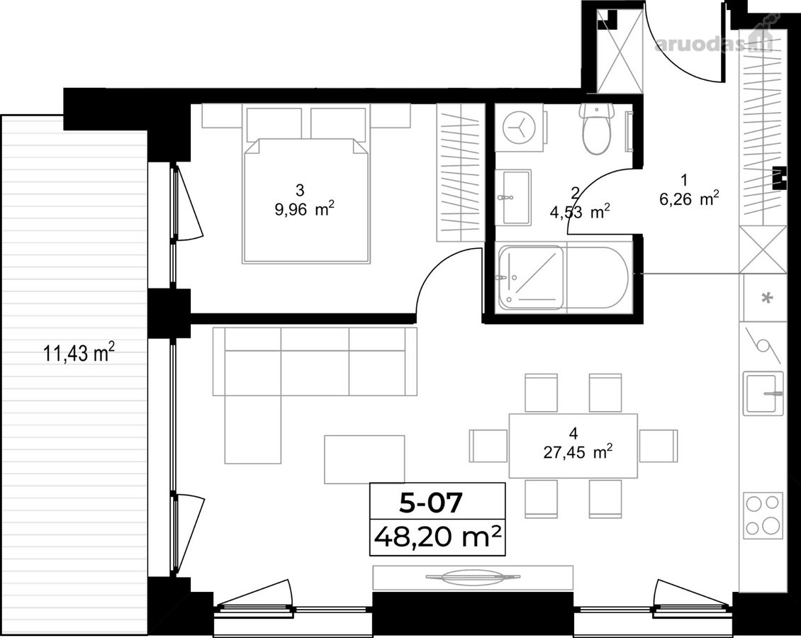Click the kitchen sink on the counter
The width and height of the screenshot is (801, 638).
tap(763, 393)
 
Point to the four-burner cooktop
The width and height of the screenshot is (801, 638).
tap(763, 515)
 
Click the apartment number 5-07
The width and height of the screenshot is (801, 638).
tap(431, 503)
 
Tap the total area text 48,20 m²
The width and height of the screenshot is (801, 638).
tap(437, 537)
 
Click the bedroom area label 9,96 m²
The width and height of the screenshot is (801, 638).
tap(305, 208)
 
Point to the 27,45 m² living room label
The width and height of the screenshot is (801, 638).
tap(577, 452)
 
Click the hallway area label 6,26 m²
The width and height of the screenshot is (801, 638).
tap(689, 198)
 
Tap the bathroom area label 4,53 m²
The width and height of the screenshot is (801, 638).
tap(579, 211)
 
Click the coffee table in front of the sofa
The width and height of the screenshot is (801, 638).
tap(365, 459)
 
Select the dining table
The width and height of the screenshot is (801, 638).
tap(573, 445)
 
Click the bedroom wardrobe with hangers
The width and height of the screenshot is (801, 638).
tap(460, 173)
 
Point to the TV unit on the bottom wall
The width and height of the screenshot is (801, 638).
tap(473, 577)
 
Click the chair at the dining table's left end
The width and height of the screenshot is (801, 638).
tap(488, 445)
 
